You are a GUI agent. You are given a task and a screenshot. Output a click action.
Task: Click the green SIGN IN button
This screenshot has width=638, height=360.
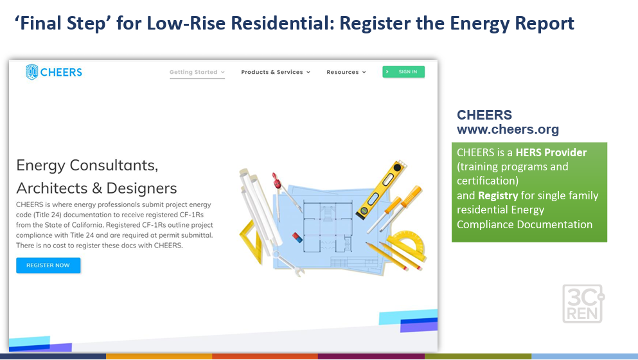point(403,71)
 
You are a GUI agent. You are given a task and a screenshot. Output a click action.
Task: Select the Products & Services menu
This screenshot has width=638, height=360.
point(276,72)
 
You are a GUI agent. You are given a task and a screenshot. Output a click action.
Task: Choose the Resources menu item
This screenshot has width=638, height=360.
point(346,72)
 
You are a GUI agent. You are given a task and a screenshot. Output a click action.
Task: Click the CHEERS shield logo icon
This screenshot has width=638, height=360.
point(31,72)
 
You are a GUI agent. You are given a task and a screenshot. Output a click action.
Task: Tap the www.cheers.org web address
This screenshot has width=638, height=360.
point(508,129)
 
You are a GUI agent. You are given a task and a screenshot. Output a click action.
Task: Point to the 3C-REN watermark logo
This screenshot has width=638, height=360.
point(583,304)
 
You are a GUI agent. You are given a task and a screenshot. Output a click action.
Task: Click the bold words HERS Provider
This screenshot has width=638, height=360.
point(551,152)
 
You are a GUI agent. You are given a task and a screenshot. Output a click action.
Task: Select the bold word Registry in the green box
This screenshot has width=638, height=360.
point(498,195)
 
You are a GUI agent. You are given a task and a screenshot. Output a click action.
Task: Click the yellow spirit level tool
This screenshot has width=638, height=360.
point(381,190)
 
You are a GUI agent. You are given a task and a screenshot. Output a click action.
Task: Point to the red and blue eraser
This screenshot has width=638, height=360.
point(297,237)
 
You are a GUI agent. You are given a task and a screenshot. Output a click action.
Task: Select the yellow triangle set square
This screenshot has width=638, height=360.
point(249,244)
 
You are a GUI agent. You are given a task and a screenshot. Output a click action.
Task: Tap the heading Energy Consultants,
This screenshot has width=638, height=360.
point(87,165)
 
